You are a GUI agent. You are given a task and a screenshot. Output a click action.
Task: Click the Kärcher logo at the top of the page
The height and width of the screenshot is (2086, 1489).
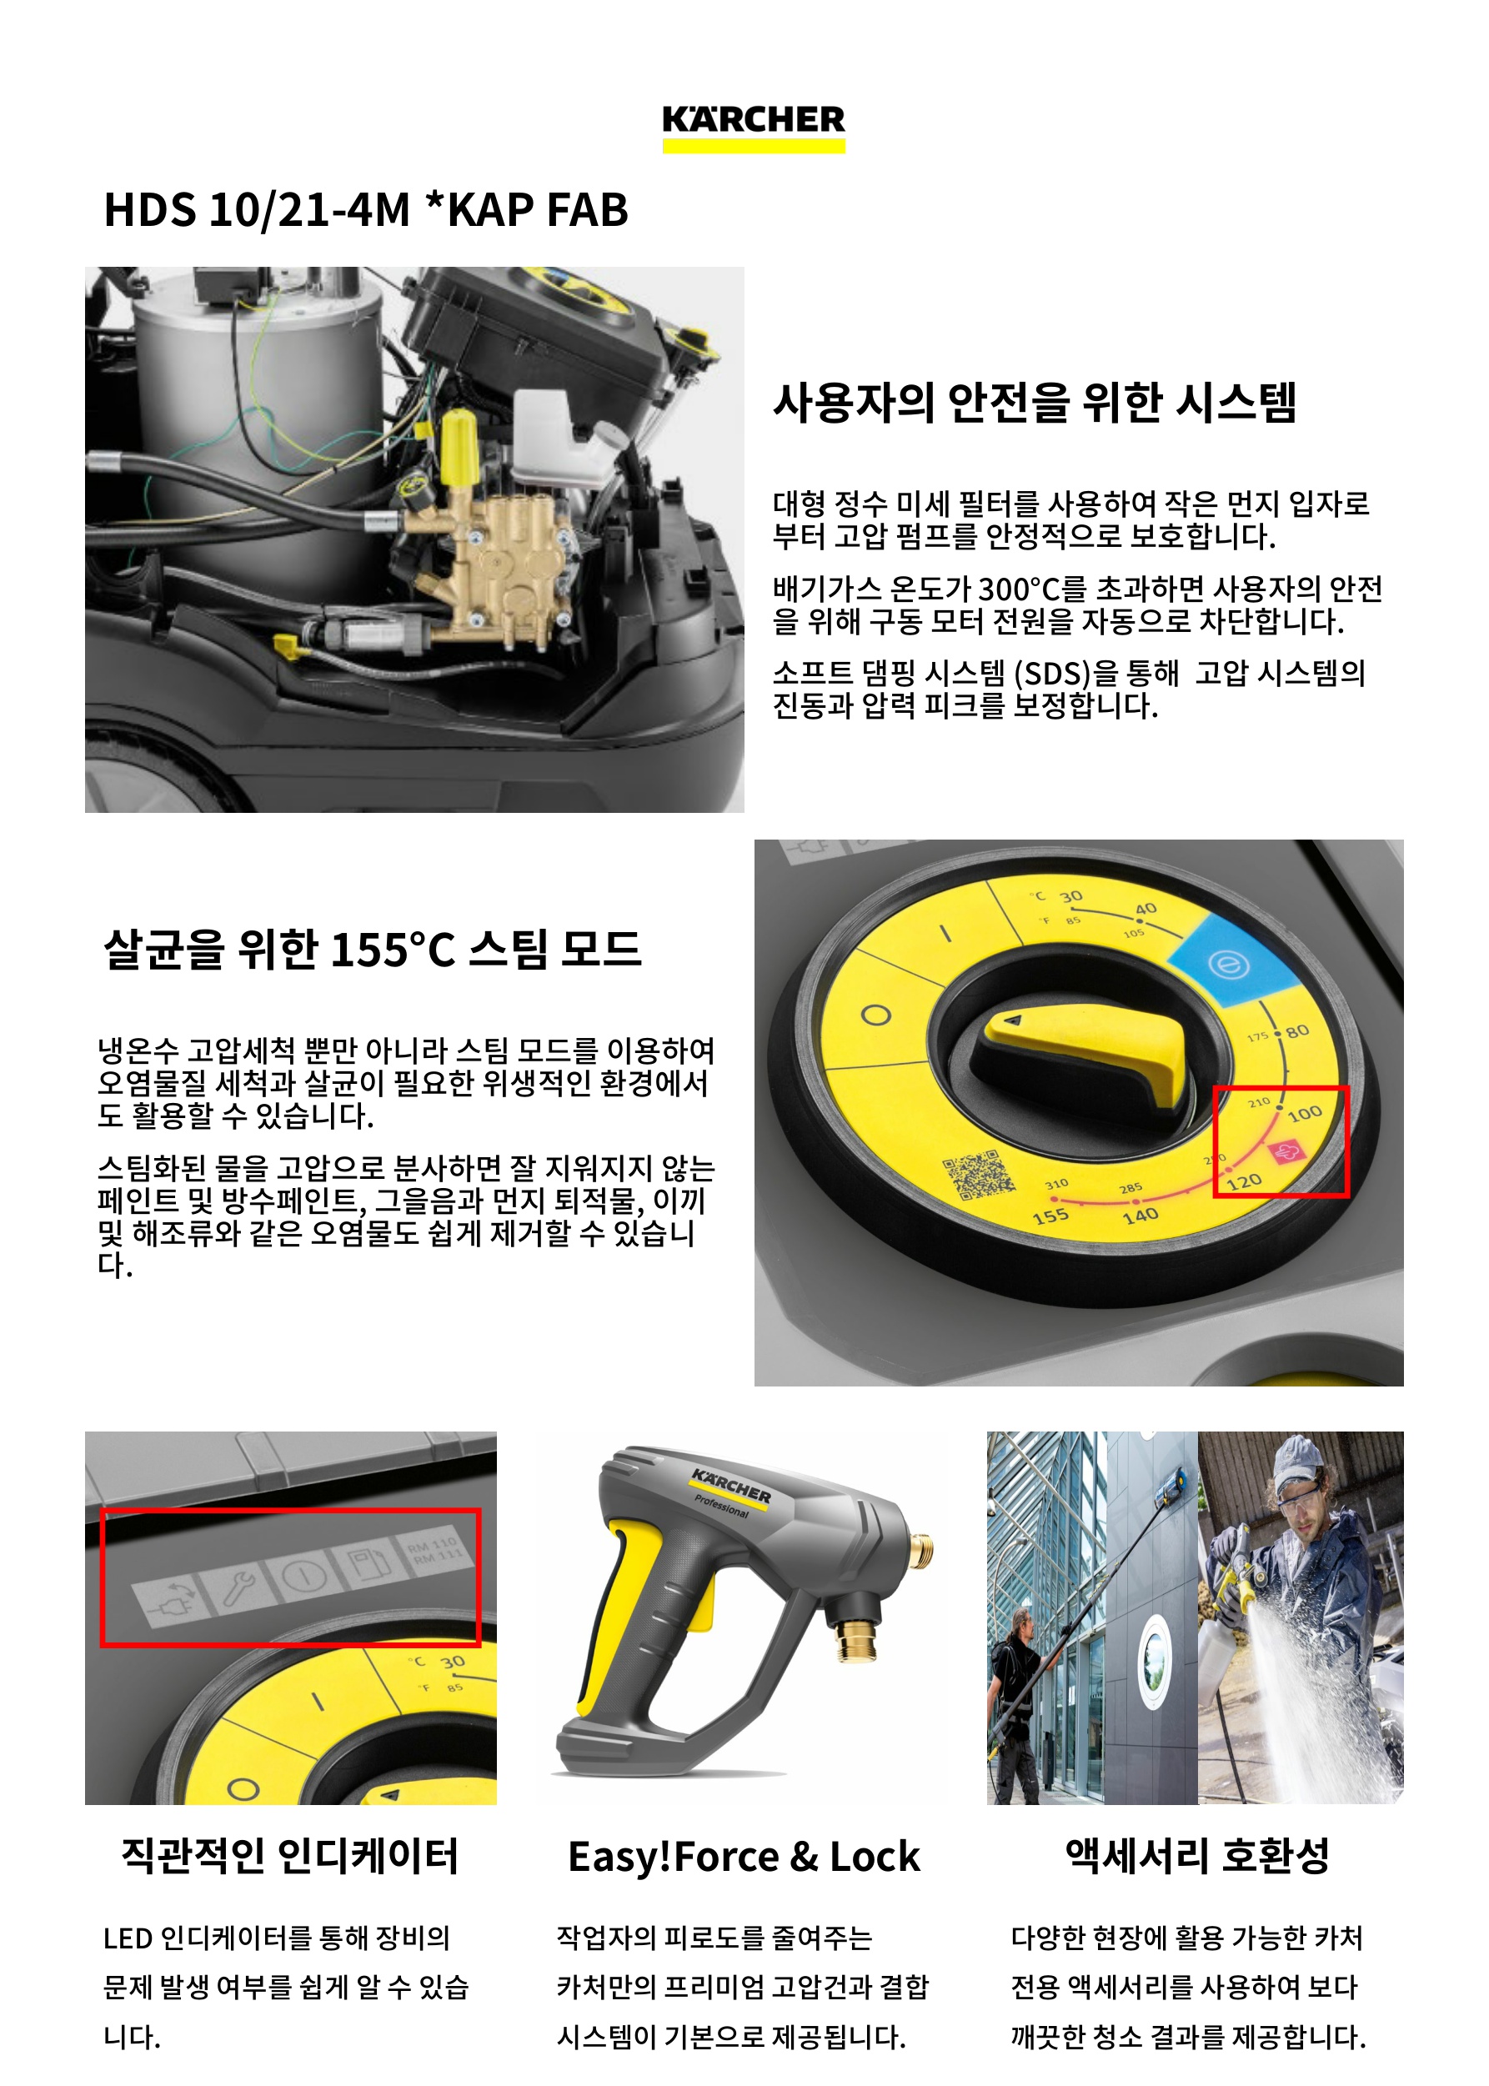click(753, 128)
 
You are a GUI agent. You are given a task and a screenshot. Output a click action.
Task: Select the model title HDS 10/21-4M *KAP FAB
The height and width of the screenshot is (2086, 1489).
click(366, 209)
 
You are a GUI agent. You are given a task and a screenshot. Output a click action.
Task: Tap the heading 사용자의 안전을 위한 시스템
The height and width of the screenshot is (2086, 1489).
click(1035, 403)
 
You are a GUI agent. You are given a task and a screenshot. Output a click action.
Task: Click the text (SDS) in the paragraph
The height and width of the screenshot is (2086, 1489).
click(1053, 673)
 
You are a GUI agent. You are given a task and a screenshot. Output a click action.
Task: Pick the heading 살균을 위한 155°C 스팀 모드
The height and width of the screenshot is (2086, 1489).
click(372, 949)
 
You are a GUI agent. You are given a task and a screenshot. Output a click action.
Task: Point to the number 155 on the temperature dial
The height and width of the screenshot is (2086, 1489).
click(1050, 1216)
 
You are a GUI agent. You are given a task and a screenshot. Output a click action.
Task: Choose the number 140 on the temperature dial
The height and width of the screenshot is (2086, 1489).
click(1140, 1216)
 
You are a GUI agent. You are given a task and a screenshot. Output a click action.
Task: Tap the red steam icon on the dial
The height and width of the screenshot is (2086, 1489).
click(1286, 1151)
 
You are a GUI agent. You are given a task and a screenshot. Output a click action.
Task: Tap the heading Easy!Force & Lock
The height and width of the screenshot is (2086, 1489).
click(744, 1857)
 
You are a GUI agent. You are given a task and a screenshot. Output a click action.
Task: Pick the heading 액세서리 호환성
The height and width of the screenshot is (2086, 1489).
click(1196, 1855)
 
